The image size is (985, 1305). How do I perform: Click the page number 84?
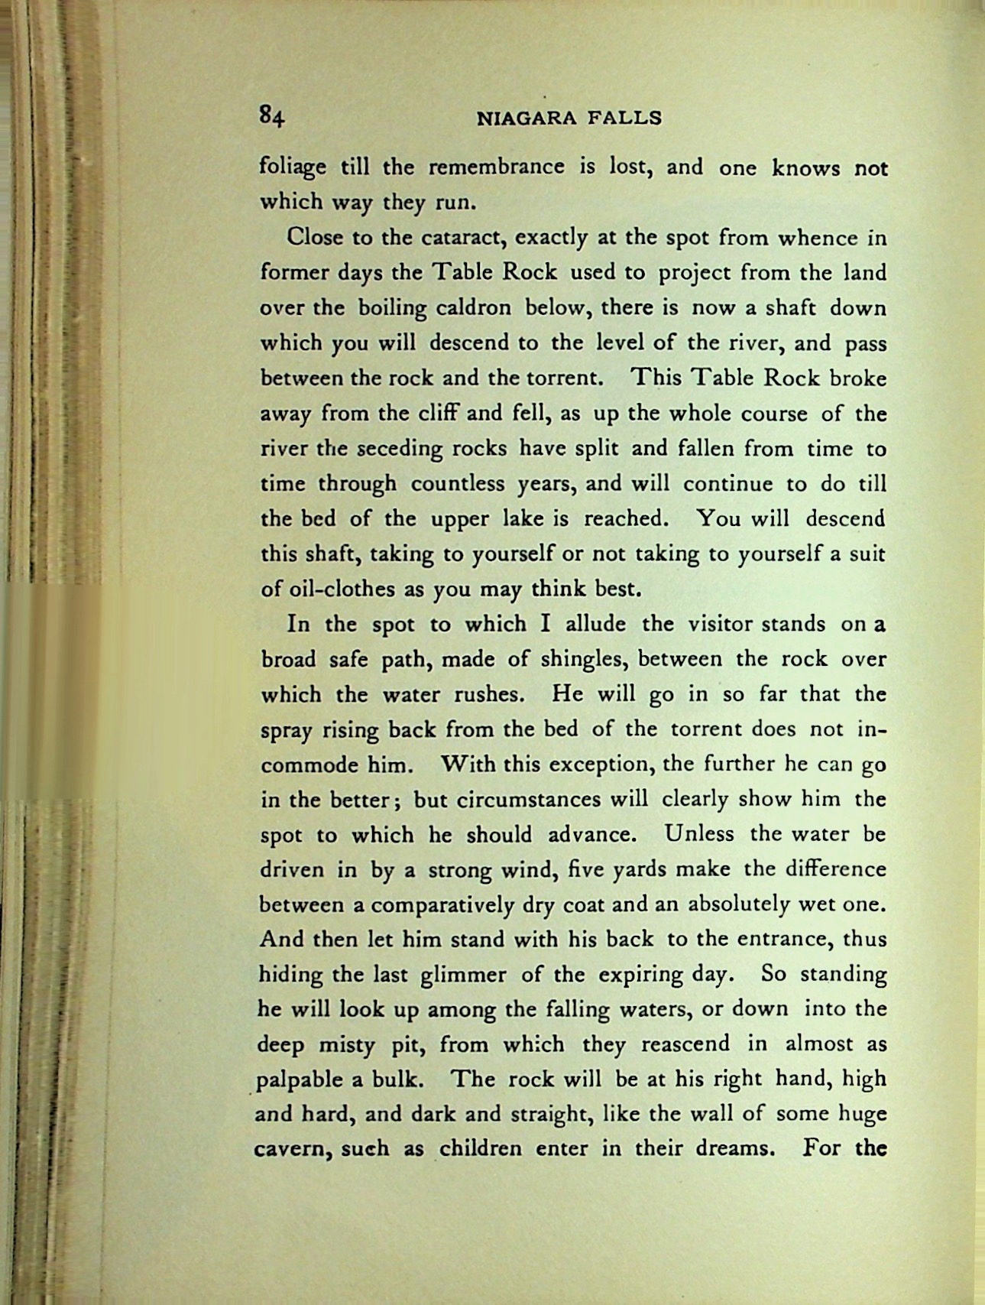tap(271, 116)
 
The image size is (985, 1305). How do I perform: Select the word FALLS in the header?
tap(624, 118)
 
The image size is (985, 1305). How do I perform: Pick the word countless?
tap(456, 484)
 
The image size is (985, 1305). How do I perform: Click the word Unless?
tap(698, 834)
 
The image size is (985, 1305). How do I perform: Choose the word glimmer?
tap(463, 976)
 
